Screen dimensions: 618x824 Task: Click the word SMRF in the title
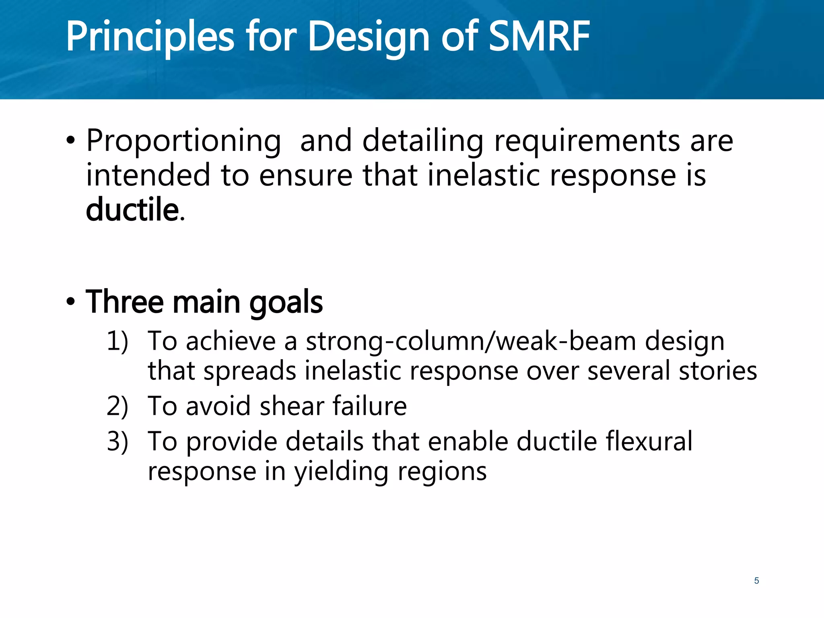point(539,37)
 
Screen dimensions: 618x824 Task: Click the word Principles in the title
point(150,37)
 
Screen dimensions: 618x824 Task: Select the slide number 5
point(756,581)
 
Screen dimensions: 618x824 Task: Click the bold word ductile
point(132,210)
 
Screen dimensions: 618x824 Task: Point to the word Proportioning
point(183,142)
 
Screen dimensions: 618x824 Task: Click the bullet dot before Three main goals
point(71,302)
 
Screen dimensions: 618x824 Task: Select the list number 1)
point(117,341)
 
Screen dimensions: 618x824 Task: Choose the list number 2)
point(117,406)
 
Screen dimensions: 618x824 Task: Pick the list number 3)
point(117,441)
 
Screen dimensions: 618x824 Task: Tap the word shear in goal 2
point(292,406)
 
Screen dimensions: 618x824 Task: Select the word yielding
point(341,472)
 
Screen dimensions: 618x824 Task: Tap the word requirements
point(587,142)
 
